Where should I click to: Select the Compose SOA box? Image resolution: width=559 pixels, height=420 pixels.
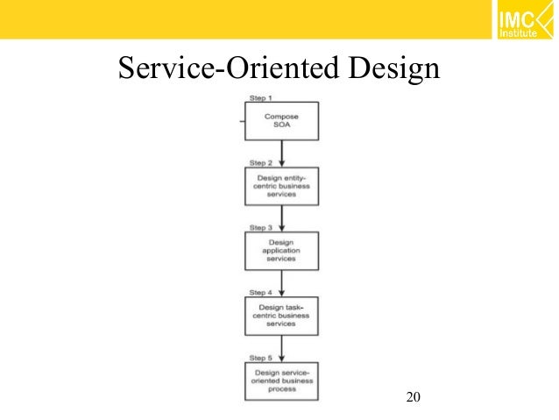tap(281, 120)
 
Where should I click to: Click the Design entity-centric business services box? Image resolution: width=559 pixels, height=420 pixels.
tap(281, 187)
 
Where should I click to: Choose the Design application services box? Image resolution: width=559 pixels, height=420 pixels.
tap(281, 251)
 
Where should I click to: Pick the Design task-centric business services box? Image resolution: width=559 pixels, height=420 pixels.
tap(281, 317)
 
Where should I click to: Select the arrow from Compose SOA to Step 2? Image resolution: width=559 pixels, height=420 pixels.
tap(281, 153)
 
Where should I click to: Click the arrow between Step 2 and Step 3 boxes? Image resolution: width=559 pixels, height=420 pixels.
tap(281, 218)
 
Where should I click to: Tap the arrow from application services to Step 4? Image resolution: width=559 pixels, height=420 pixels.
tap(281, 283)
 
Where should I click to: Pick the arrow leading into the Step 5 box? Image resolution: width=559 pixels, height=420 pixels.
tap(281, 349)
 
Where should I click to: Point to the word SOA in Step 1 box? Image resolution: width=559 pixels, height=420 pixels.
tap(281, 126)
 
